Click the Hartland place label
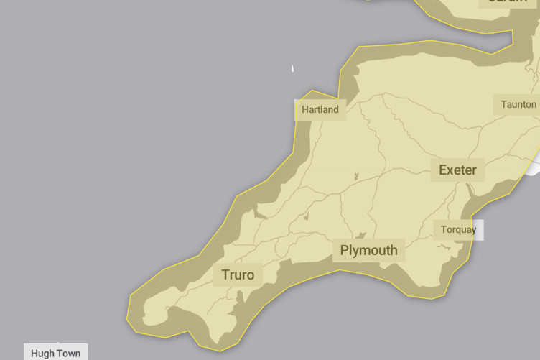(x=320, y=110)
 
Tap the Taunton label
(x=518, y=104)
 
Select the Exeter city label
(x=457, y=170)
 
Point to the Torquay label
(x=458, y=230)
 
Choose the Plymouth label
(x=368, y=250)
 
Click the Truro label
(x=238, y=275)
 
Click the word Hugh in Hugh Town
(x=42, y=354)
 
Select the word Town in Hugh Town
(x=69, y=354)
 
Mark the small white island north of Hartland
(x=292, y=69)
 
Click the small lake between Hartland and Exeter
(x=355, y=175)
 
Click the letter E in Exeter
(x=443, y=170)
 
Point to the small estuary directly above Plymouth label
(x=362, y=235)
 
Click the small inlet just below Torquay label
(x=445, y=247)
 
